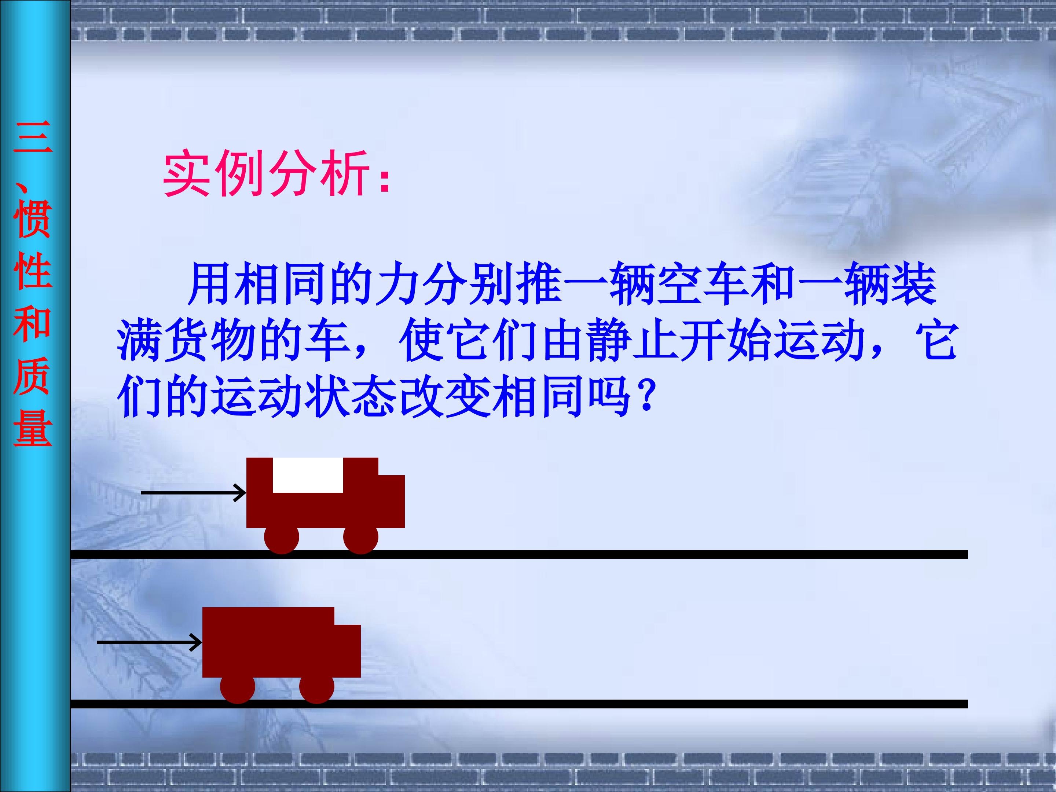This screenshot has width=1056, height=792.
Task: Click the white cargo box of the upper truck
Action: point(308,475)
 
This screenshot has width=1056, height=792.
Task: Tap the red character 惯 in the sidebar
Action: point(33,219)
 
